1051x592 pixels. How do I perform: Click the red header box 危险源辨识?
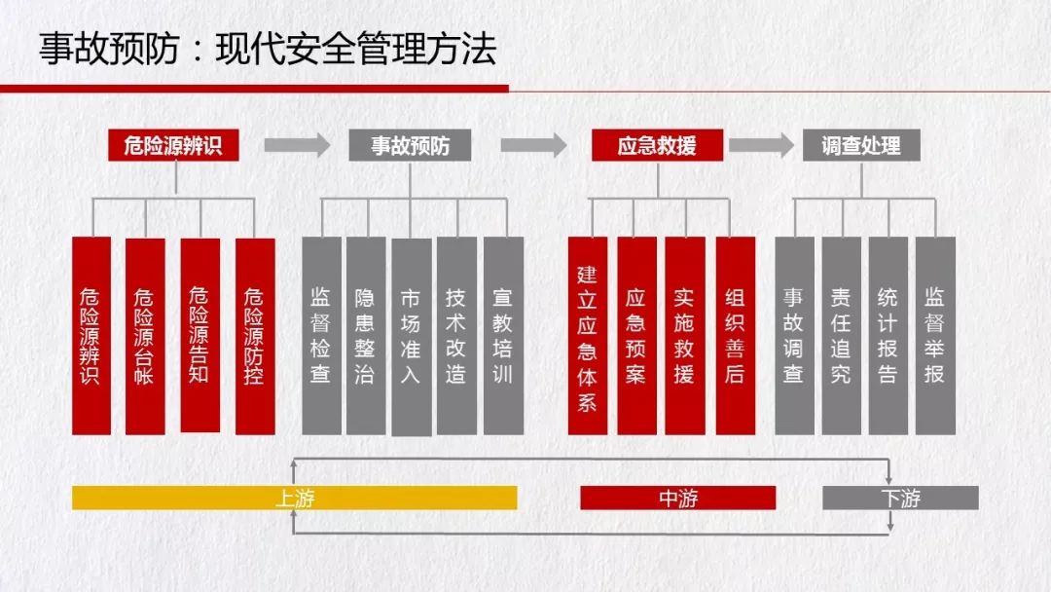pyautogui.click(x=173, y=145)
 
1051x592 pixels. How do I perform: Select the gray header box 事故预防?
pyautogui.click(x=410, y=145)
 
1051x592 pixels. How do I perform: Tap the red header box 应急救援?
pyautogui.click(x=657, y=145)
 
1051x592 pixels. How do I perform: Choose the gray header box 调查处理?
pyautogui.click(x=861, y=145)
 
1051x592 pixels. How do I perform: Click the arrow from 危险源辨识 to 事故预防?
pyautogui.click(x=297, y=145)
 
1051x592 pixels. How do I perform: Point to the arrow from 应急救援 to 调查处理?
pyautogui.click(x=761, y=145)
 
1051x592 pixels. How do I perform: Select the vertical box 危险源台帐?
pyautogui.click(x=145, y=336)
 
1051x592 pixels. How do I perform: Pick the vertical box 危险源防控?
pyautogui.click(x=255, y=336)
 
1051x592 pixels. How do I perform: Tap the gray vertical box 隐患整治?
pyautogui.click(x=365, y=336)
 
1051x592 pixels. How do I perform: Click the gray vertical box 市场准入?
pyautogui.click(x=411, y=337)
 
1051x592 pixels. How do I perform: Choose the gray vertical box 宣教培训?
pyautogui.click(x=503, y=336)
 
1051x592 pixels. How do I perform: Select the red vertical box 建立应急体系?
pyautogui.click(x=587, y=336)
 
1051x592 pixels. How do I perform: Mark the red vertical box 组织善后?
pyautogui.click(x=736, y=336)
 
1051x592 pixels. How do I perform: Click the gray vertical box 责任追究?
pyautogui.click(x=841, y=336)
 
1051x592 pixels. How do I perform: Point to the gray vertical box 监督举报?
pyautogui.click(x=935, y=336)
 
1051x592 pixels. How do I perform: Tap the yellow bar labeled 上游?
pyautogui.click(x=294, y=499)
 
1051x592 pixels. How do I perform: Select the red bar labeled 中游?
pyautogui.click(x=677, y=499)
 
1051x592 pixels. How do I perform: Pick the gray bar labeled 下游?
pyautogui.click(x=900, y=499)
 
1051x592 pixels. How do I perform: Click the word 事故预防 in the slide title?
pyautogui.click(x=109, y=49)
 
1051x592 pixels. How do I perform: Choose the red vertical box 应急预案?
pyautogui.click(x=636, y=336)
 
